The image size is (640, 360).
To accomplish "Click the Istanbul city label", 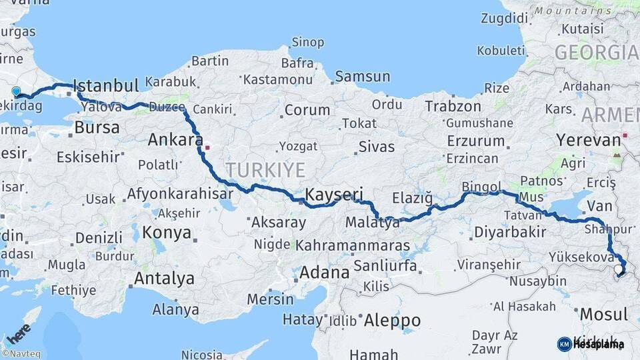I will coord(105,85).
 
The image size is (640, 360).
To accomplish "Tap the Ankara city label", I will coord(175,140).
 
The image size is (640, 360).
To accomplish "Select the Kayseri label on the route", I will coord(334,195).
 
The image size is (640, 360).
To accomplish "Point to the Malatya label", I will coord(373,223).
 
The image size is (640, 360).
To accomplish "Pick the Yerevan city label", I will coord(588,140).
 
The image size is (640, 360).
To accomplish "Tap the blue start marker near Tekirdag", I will coord(16,91).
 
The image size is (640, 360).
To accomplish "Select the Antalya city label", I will coord(164,279).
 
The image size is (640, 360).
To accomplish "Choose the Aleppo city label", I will coord(393,320).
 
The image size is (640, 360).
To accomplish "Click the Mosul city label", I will coord(603,314).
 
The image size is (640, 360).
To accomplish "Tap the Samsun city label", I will coord(362,77).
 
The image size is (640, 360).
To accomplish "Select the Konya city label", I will coord(167,233).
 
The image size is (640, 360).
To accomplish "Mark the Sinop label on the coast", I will coord(309,43).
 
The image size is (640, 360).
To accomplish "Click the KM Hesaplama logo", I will coord(591,344).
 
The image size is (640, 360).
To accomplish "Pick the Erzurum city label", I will coord(476,141).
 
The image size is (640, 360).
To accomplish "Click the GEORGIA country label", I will coord(596,53).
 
